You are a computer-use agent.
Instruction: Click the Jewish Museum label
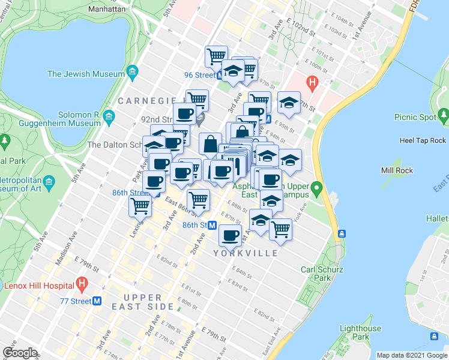coord(86,74)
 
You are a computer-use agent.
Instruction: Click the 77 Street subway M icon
coord(97,301)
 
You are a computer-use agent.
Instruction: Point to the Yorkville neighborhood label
coord(246,253)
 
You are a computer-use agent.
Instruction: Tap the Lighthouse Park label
coord(360,332)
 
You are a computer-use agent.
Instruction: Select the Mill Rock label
coord(396,170)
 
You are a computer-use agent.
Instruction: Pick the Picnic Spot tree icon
coord(443,113)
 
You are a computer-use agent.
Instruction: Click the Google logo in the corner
coord(20,352)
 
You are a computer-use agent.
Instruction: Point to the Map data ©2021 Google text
coord(412,355)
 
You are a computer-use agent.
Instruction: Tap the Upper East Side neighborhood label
coord(143,302)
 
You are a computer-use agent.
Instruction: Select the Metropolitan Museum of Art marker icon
coord(50,181)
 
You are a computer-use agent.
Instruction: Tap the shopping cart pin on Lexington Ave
coord(140,206)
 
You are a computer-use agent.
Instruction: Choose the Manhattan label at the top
coord(106,9)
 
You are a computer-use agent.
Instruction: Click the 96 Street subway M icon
coord(221,76)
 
